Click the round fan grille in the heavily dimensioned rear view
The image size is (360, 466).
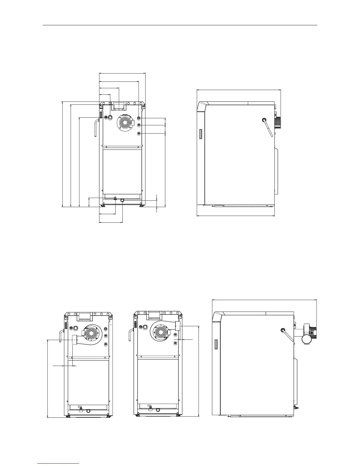tap(125, 122)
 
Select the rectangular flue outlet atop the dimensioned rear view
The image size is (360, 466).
tap(119, 106)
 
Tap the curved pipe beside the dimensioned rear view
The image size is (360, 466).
tap(96, 127)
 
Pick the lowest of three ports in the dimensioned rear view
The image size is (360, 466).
tap(139, 134)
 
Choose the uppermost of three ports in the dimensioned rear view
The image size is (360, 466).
tap(139, 118)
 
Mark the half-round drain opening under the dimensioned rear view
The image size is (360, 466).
tap(122, 200)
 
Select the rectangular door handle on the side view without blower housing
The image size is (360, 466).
tap(201, 134)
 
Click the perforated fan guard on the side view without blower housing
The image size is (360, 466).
tap(277, 122)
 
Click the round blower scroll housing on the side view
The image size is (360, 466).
tap(307, 339)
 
